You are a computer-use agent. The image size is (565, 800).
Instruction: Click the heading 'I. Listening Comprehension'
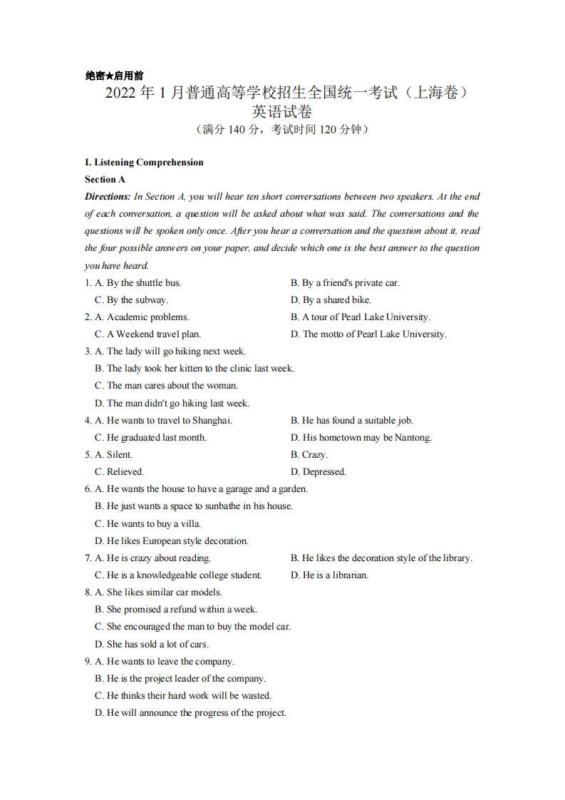tap(144, 162)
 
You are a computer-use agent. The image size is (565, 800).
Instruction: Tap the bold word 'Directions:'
tap(108, 197)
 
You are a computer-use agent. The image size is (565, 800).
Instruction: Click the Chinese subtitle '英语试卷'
tap(282, 112)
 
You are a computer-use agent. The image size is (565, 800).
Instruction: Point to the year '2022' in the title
tap(120, 93)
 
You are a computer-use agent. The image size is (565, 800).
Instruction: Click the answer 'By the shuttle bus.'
tap(143, 282)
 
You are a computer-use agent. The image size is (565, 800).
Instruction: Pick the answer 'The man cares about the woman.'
tap(172, 386)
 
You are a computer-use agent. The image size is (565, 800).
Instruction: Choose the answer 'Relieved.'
tap(125, 471)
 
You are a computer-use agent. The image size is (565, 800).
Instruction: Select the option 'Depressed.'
tap(324, 471)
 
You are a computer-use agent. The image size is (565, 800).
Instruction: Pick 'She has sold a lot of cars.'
tap(157, 644)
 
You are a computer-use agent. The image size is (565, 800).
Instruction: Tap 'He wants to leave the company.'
tap(170, 661)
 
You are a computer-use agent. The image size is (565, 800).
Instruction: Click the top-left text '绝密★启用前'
tap(114, 76)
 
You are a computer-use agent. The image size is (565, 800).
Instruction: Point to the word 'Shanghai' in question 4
tap(212, 420)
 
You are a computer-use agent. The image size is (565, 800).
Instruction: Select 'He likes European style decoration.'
tap(177, 540)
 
